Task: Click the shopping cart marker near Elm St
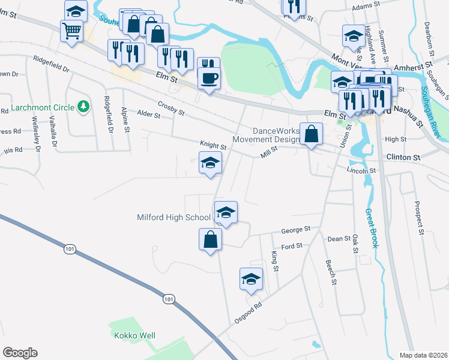point(72,31)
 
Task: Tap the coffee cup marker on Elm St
point(209,79)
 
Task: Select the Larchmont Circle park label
point(50,107)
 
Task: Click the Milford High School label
point(174,217)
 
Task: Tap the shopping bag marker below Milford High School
point(210,241)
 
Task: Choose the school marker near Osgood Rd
point(252,279)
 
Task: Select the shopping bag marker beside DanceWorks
point(312,135)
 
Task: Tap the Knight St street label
point(213,146)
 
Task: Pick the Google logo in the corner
point(20,353)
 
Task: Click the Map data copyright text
point(424,355)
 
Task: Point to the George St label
point(296,229)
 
